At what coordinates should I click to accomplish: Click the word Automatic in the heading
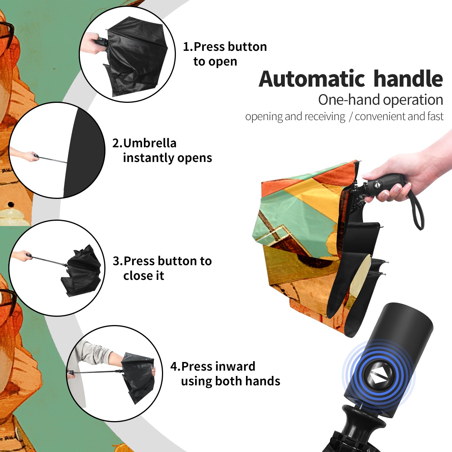tap(312, 79)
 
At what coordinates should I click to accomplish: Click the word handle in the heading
tap(408, 79)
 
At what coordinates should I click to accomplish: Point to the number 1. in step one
tap(188, 47)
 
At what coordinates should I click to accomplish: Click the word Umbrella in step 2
tap(150, 143)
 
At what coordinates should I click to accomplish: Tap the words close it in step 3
tap(144, 275)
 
